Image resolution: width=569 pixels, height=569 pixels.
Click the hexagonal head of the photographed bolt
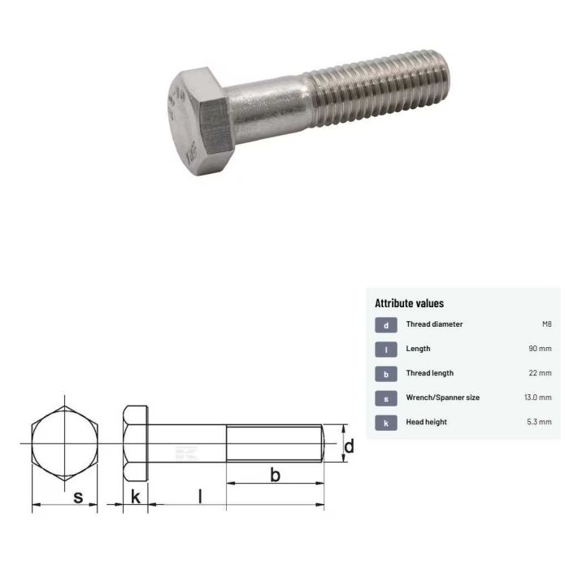tap(198, 123)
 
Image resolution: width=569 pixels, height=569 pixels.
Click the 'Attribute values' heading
tap(409, 303)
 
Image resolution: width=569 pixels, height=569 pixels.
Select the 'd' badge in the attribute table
tap(386, 325)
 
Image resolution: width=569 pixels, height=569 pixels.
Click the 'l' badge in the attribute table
tap(386, 350)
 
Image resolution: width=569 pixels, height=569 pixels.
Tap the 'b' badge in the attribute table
tap(386, 374)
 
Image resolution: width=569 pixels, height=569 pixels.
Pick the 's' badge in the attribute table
tap(386, 398)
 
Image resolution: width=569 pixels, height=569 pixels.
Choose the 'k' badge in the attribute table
tap(386, 423)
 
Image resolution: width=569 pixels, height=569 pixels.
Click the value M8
tap(546, 324)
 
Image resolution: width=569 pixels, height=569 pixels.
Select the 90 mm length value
tap(540, 349)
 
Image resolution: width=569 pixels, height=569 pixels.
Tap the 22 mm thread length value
tap(540, 373)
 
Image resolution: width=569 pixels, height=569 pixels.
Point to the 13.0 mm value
tap(537, 397)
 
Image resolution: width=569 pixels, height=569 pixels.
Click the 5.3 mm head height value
tap(539, 422)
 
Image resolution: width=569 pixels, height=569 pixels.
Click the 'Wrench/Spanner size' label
tap(442, 397)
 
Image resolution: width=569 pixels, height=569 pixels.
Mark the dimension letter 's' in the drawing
tap(78, 495)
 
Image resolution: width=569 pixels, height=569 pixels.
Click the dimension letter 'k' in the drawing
tap(136, 495)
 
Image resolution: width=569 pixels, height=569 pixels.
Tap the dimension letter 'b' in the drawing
tap(275, 474)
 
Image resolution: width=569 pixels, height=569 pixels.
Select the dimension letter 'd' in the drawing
tap(349, 445)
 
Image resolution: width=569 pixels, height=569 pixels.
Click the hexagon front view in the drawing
tap(64, 445)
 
